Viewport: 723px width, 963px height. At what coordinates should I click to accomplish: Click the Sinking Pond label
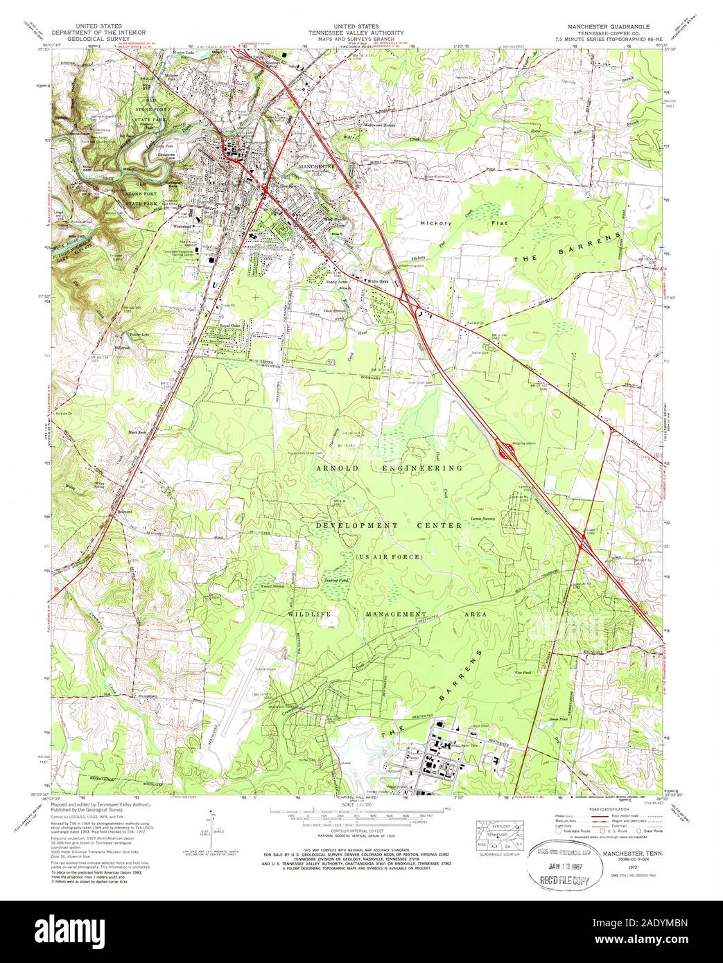coord(329,580)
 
